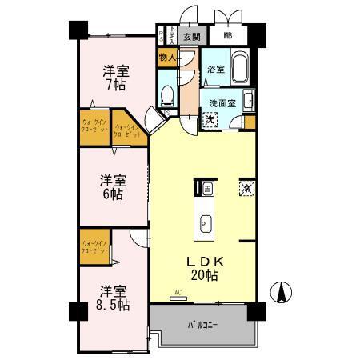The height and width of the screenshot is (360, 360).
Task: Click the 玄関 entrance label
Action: pos(190,36)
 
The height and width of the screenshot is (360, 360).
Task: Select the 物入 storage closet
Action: pos(166,58)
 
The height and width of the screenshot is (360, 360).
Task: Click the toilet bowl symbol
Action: pos(166,96)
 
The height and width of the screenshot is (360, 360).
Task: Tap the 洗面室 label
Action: pos(222,102)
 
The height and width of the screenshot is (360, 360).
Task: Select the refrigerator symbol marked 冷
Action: pos(246,189)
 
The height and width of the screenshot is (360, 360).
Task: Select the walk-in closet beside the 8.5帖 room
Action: pos(94,246)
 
